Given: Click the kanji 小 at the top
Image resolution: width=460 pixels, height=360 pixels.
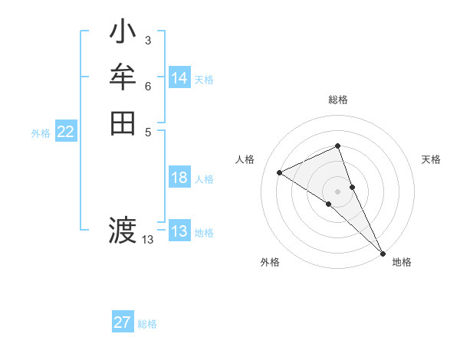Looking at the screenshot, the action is pos(123,34).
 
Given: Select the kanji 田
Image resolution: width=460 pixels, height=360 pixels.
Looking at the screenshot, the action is pos(123,123).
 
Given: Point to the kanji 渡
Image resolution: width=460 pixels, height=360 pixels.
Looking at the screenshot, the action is pos(123,229).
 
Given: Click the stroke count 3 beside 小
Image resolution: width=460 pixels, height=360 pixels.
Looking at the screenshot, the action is pos(147,41).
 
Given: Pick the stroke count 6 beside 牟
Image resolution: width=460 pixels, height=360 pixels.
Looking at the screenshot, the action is pos(147,86).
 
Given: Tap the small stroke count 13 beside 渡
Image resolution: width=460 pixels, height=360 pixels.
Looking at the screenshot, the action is pos(148,240).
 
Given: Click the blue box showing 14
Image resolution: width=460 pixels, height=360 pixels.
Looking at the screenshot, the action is pos(179,78).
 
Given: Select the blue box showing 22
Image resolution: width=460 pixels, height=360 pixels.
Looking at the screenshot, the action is pos(66,132).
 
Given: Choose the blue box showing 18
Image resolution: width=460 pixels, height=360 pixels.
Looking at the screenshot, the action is pos(179,178).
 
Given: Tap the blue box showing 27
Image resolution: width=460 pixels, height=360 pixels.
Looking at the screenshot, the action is pos(123,322).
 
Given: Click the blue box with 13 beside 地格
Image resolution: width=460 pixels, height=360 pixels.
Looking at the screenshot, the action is pos(179,231).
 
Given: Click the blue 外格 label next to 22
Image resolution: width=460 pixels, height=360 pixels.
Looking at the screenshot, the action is pos(41,133).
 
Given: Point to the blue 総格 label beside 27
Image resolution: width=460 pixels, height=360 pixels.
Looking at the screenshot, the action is pos(147,324).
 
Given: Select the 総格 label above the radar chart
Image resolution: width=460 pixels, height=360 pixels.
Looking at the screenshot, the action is pos(337,100).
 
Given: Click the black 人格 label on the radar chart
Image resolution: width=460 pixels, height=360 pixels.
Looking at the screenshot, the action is pos(245,159).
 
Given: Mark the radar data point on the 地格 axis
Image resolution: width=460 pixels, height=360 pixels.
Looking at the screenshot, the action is pos(382,252).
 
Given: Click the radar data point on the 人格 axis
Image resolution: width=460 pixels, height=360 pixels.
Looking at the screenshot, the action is pos(280,172).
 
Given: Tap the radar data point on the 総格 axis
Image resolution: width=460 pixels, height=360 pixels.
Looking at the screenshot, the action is pos(337,146).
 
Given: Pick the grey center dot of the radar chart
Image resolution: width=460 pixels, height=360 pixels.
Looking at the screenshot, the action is pos(337,191).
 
